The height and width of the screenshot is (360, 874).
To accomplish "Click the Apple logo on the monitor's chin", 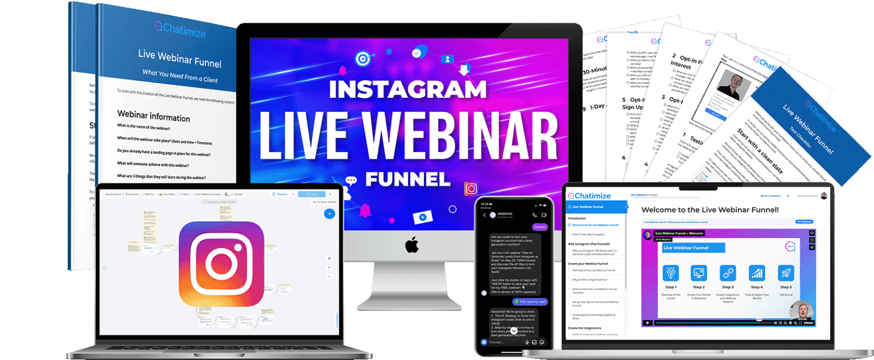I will click(x=412, y=245).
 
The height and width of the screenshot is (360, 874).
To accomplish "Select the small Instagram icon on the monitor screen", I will click(x=471, y=188).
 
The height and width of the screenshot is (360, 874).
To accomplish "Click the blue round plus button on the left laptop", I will click(x=329, y=214).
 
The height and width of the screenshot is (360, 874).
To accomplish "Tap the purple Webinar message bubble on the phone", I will click(x=539, y=227).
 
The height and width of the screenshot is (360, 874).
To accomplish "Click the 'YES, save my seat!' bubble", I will click(x=530, y=301).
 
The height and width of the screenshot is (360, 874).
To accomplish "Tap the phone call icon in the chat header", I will click(x=534, y=215).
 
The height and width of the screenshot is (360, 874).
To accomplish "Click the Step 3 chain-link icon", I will click(x=727, y=274).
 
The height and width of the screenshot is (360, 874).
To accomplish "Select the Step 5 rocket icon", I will click(x=785, y=274).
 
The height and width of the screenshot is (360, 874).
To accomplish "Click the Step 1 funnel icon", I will click(x=670, y=274).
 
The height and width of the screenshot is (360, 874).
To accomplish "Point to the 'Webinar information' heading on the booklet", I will click(x=154, y=117).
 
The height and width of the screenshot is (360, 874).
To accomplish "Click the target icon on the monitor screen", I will click(x=362, y=58).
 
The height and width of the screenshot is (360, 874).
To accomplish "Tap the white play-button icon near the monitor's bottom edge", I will click(x=422, y=217).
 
